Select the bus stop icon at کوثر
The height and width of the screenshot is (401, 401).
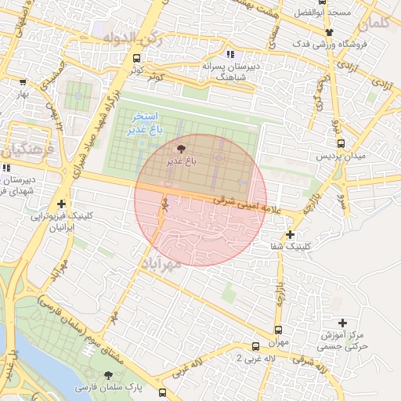[137, 58]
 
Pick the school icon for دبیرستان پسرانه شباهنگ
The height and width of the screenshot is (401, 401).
[229, 54]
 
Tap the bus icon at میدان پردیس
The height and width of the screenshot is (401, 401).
[341, 143]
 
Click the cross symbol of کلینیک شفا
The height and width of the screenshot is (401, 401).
[290, 234]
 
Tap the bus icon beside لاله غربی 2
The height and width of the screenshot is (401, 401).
[255, 346]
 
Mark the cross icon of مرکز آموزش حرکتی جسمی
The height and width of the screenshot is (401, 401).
[342, 323]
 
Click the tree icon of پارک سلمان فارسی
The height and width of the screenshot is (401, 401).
[108, 375]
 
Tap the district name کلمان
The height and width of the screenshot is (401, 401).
[378, 23]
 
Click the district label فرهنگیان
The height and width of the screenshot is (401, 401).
[23, 148]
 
